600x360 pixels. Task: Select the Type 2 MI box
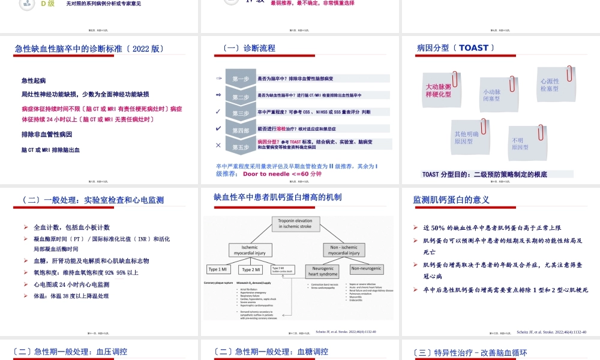254,269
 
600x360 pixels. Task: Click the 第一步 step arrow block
241,79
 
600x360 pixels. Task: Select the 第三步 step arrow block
241,112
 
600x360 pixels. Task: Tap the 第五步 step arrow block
241,146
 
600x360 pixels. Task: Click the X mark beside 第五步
218,145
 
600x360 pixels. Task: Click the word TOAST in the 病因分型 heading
473,48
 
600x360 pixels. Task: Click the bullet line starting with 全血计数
71,227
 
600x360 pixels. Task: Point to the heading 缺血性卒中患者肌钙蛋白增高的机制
277,197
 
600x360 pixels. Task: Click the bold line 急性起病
34,80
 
